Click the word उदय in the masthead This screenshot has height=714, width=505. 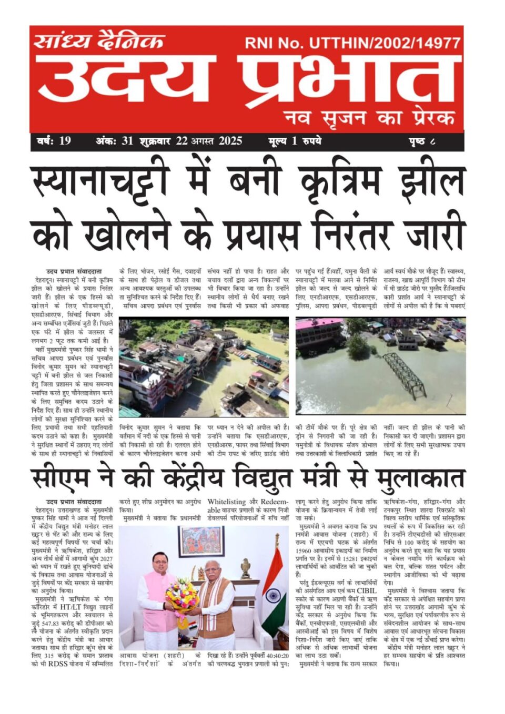126,79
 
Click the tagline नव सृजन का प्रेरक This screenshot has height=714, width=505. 369,117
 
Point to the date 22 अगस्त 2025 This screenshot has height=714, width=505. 209,141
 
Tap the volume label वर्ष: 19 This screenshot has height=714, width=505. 54,141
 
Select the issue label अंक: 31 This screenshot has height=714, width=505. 114,141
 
